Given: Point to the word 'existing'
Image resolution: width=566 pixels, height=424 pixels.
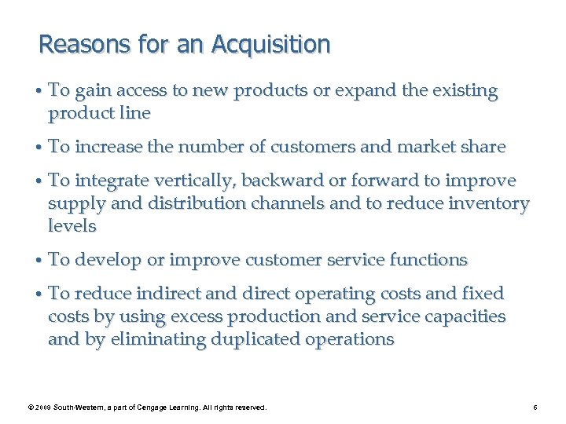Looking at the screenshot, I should tap(462, 90).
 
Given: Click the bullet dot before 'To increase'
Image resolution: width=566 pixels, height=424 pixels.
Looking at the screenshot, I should tap(39, 147).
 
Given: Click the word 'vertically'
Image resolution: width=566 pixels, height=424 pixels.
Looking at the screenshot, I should tap(195, 181).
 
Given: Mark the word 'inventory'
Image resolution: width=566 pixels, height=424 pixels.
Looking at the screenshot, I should tap(491, 203).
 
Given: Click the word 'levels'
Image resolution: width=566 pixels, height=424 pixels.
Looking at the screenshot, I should tap(72, 226).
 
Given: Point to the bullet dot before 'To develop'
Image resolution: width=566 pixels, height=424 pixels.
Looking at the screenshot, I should tap(39, 260).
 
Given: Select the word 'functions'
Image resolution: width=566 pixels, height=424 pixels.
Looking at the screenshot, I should tap(429, 260).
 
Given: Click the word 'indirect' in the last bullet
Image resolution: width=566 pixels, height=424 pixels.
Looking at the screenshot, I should tap(167, 294).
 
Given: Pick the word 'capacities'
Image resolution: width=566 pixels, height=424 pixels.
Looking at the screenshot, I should tap(465, 316).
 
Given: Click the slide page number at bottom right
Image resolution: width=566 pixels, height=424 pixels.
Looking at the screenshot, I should tap(535, 408).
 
